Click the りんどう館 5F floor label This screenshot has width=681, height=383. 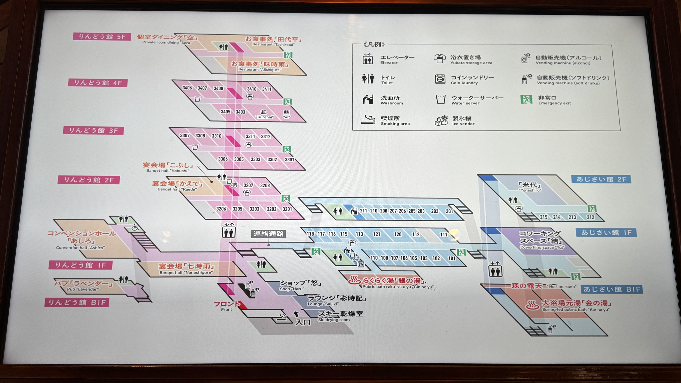(102, 36)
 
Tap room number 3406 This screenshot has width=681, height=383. (187, 88)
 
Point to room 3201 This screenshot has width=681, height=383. (287, 209)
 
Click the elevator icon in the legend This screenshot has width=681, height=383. (368, 59)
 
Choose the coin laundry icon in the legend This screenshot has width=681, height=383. (440, 79)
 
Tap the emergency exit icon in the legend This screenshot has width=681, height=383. (526, 100)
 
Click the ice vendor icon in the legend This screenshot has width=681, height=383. (441, 121)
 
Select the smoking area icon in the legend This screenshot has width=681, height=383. (368, 120)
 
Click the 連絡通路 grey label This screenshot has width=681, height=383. (268, 234)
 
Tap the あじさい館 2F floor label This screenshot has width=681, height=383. (601, 179)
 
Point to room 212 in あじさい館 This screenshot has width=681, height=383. (590, 217)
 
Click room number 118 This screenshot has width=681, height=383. (310, 234)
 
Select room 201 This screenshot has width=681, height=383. (449, 211)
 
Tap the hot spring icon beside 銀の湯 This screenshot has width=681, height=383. (354, 280)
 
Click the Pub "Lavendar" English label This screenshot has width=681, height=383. (83, 289)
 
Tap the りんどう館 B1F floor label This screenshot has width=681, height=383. (77, 302)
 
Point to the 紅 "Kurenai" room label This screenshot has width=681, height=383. (264, 114)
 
